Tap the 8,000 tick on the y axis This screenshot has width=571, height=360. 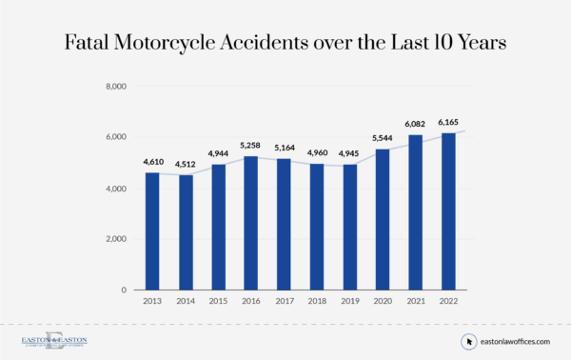pos(114,87)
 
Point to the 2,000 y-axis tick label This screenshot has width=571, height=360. pos(114,239)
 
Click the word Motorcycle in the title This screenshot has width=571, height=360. pos(218,44)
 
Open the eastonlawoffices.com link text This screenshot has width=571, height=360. pos(515,341)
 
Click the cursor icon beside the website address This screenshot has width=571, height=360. pos(468,341)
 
